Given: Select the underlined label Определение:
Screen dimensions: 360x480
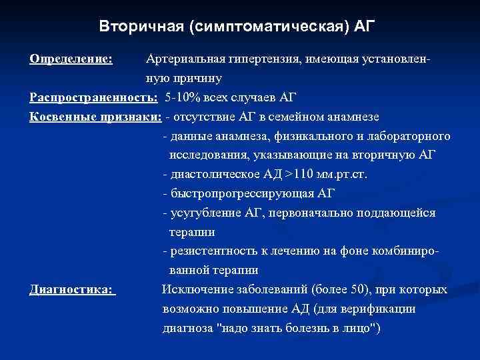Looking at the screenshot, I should click(71, 59).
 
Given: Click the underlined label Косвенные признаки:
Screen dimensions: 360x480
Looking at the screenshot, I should click(95, 117).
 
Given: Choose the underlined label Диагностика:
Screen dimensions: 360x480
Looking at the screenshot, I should click(73, 290).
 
